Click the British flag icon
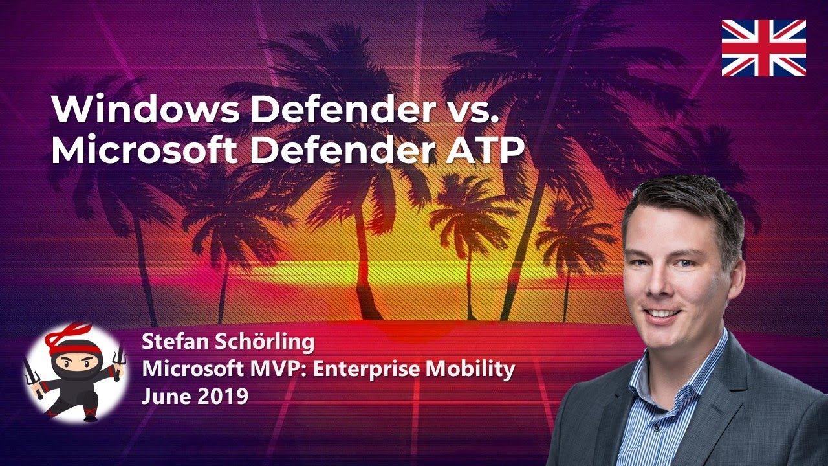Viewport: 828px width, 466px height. click(763, 48)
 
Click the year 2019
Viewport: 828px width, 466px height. click(221, 395)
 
